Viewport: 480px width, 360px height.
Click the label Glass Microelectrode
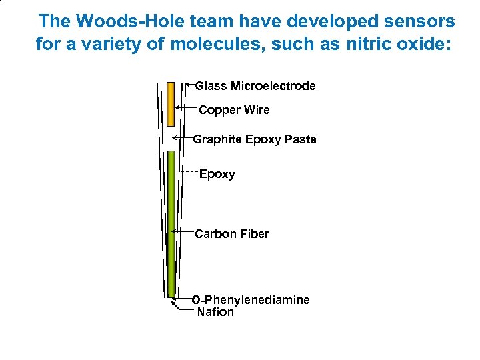[255, 86]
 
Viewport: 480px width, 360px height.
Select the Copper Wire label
[234, 110]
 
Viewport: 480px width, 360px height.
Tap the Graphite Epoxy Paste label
[254, 139]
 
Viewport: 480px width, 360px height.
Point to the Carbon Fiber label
[231, 234]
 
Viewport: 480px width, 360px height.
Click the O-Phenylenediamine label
[251, 300]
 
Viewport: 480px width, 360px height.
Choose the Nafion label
[215, 312]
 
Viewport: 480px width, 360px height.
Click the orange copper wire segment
[171, 104]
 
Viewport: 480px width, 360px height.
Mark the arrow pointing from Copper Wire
[186, 107]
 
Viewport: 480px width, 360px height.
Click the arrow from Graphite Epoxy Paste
[182, 138]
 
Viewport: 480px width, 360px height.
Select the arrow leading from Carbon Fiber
[183, 231]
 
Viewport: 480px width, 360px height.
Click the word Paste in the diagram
[300, 139]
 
